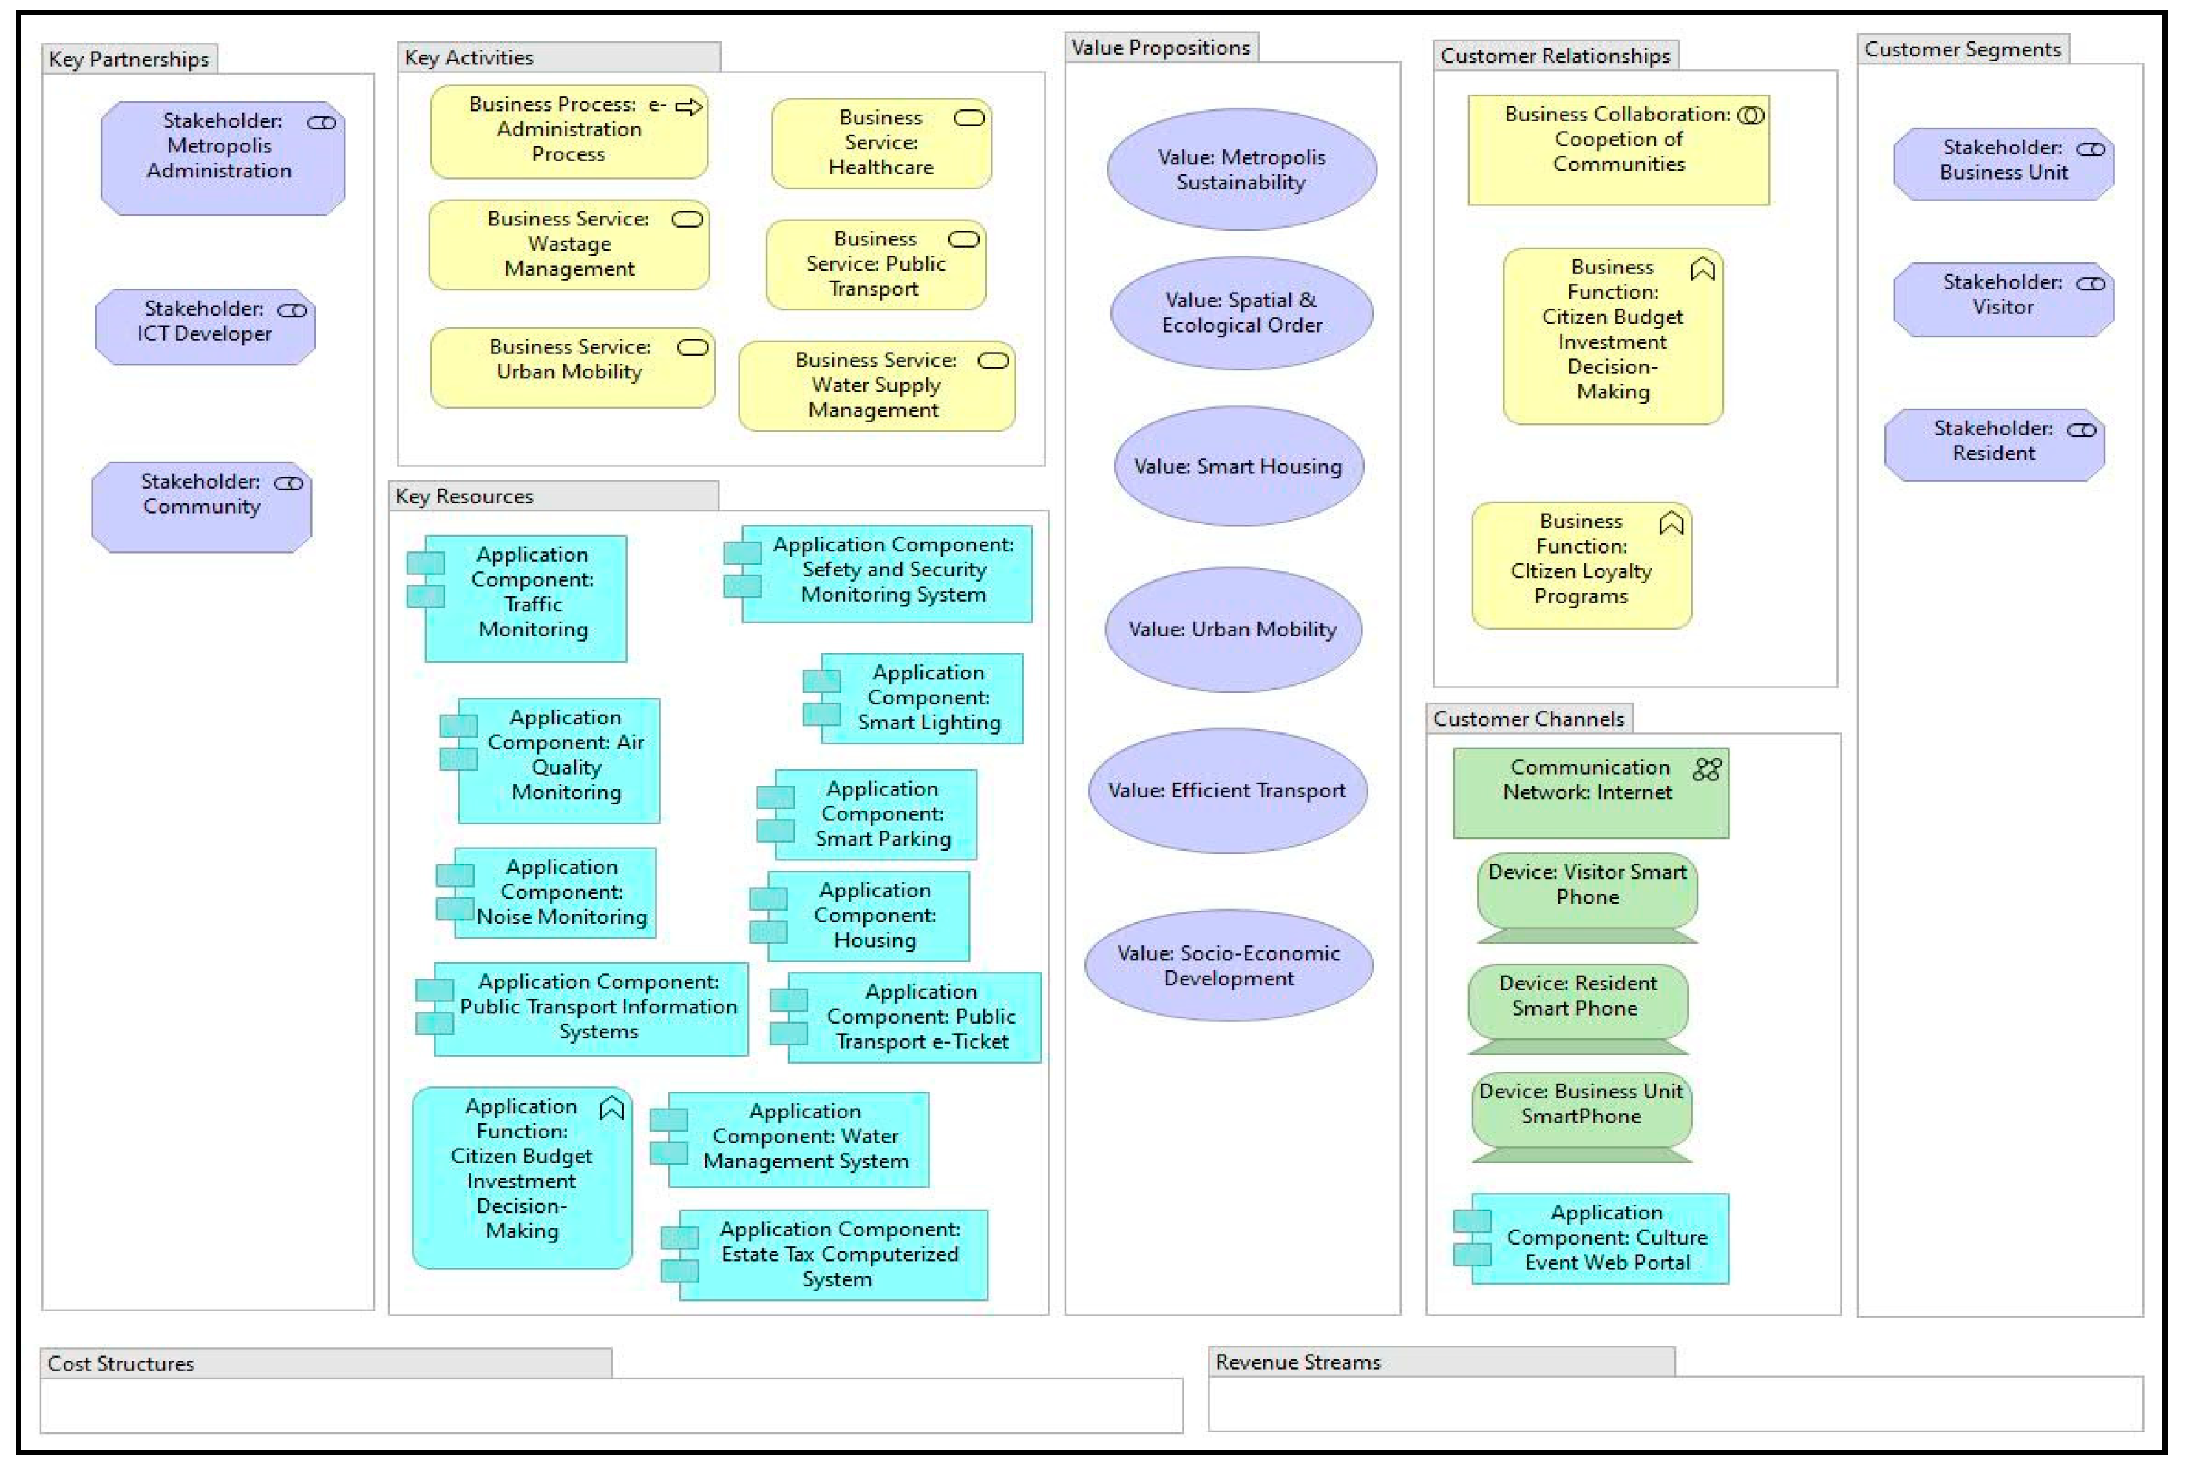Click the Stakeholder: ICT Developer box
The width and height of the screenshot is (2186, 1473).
click(x=205, y=327)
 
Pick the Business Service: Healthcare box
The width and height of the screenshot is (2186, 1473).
click(x=881, y=143)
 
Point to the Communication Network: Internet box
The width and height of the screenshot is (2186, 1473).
click(x=1589, y=794)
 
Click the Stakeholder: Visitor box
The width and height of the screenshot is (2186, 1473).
click(x=2003, y=299)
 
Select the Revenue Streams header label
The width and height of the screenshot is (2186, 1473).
click(x=1297, y=1362)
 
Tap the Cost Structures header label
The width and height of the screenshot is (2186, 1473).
click(x=121, y=1364)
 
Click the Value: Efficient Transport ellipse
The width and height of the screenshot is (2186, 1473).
click(x=1227, y=791)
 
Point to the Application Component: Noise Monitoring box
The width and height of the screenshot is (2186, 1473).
click(x=554, y=892)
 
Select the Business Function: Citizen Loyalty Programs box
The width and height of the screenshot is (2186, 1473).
click(x=1581, y=566)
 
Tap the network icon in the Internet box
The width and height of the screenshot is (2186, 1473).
click(x=1706, y=770)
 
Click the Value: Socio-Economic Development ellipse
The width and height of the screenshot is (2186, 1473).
click(x=1228, y=966)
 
